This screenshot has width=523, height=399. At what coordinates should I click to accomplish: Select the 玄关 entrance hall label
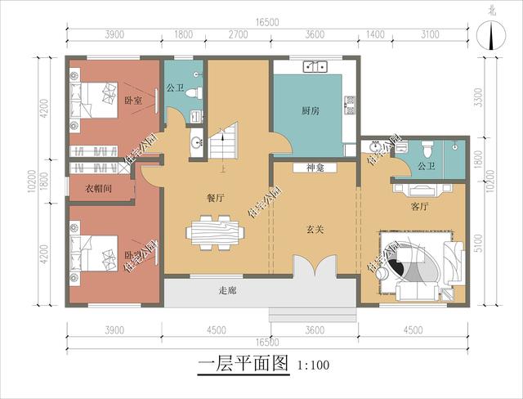tap(315, 230)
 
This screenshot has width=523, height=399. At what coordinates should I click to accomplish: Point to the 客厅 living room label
tap(420, 208)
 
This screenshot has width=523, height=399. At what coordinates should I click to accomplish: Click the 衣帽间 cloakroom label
tap(98, 188)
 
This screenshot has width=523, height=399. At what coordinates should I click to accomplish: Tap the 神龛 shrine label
tap(316, 168)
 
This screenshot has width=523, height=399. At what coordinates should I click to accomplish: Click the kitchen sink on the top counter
tap(311, 67)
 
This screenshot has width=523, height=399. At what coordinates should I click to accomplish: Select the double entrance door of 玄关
tap(315, 267)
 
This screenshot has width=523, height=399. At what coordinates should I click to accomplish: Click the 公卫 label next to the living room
tap(426, 166)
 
